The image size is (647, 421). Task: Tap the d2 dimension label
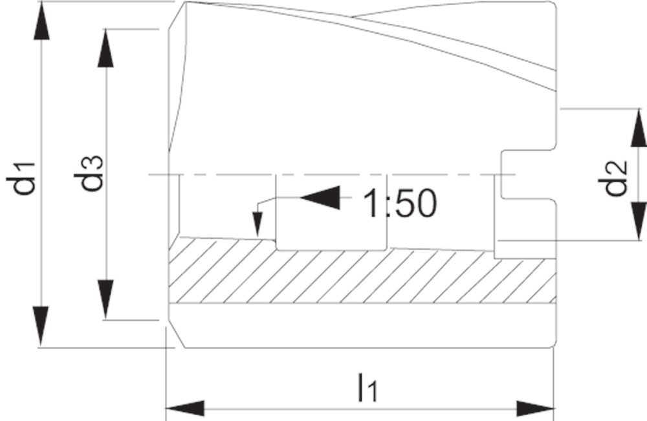(612, 178)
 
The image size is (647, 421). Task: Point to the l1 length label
(367, 387)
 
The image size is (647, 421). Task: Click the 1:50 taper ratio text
(399, 203)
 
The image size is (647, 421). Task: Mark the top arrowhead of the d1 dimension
(41, 21)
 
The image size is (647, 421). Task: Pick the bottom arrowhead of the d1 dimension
(41, 326)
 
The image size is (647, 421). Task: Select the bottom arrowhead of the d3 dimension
(105, 299)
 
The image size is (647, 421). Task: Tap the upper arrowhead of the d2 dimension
(639, 128)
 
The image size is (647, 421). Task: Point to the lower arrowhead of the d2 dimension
(639, 221)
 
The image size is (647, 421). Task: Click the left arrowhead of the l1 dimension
(185, 409)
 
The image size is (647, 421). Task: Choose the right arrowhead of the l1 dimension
(535, 409)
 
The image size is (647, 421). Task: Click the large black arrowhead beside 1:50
(320, 197)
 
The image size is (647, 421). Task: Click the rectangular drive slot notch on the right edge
(529, 175)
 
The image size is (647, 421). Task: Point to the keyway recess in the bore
(331, 212)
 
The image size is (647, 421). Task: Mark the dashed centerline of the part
(332, 175)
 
